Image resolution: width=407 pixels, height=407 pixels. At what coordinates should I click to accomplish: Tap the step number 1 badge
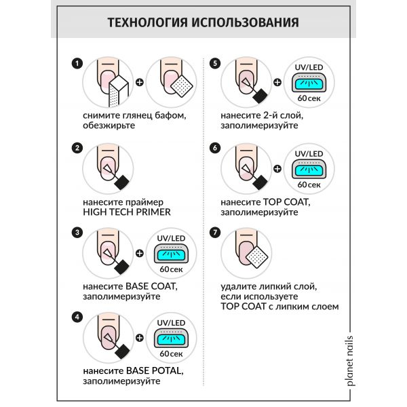[78, 63]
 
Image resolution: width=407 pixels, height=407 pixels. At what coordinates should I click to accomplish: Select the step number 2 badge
[78, 148]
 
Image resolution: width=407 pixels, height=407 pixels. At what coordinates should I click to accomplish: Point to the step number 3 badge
[78, 233]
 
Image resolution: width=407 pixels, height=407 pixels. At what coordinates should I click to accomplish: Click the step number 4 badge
[78, 315]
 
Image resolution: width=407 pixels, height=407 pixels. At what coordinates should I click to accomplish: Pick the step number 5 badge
[216, 63]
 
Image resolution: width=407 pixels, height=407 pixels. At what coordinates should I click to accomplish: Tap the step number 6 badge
[216, 148]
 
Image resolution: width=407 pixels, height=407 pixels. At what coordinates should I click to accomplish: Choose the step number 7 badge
[216, 233]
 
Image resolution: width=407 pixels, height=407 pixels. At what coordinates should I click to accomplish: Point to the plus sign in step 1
[140, 83]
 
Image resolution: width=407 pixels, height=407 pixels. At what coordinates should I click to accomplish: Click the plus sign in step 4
[140, 337]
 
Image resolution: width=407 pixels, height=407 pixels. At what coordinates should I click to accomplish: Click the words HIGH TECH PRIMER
[125, 212]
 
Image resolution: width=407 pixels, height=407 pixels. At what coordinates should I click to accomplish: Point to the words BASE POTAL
[155, 371]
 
